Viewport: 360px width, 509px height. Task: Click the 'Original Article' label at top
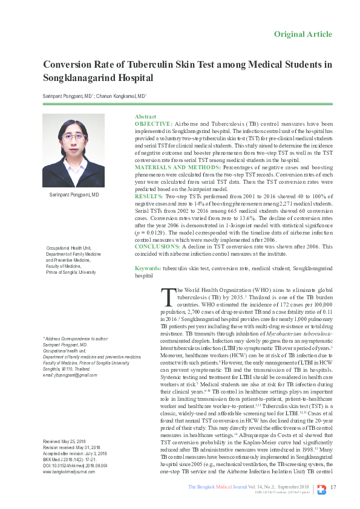coord(303,34)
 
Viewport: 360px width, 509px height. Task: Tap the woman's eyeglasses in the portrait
coord(77,138)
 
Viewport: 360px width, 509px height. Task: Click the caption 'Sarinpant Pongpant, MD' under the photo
coord(74,195)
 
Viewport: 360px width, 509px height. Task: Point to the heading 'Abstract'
coord(145,115)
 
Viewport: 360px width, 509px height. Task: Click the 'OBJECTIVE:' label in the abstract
coord(153,123)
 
